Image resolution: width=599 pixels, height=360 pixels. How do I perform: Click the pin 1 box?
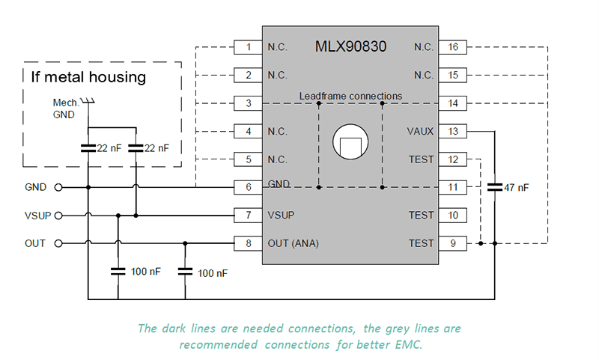[x=248, y=47]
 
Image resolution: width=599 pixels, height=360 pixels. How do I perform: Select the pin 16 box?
[x=453, y=47]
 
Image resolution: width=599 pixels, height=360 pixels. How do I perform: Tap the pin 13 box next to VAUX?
[x=453, y=131]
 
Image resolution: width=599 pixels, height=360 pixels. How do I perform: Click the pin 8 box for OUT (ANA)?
[x=248, y=243]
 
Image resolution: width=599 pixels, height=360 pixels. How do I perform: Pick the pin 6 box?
[x=248, y=187]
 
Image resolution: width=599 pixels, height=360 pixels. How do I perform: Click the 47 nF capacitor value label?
[x=516, y=188]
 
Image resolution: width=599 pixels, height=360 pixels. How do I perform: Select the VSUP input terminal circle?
[x=58, y=216]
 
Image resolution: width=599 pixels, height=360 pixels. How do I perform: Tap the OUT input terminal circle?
[x=58, y=243]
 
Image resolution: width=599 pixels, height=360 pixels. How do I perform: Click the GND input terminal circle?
[x=58, y=187]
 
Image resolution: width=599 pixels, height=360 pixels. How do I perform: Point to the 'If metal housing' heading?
[x=88, y=77]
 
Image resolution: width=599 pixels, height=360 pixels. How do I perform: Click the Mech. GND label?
[x=66, y=109]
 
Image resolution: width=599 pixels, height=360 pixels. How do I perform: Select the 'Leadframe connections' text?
[x=350, y=96]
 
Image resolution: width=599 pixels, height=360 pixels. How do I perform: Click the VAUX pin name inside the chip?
[x=420, y=131]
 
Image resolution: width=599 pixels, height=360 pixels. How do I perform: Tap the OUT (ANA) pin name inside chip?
[x=291, y=243]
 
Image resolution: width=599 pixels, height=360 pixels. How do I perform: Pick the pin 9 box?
[x=453, y=243]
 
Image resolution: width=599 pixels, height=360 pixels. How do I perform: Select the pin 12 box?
[x=453, y=159]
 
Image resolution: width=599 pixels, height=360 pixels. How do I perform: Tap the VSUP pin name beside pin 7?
[x=281, y=216]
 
